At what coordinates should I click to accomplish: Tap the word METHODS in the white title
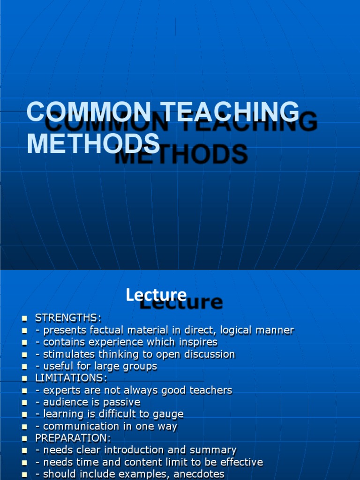(x=93, y=143)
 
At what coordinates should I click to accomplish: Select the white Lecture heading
(x=156, y=295)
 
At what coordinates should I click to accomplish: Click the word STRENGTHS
(x=67, y=318)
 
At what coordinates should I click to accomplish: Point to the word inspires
(x=197, y=342)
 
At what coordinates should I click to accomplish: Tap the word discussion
(x=208, y=354)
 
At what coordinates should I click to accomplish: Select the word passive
(x=122, y=402)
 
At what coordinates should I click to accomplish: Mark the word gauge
(x=169, y=414)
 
